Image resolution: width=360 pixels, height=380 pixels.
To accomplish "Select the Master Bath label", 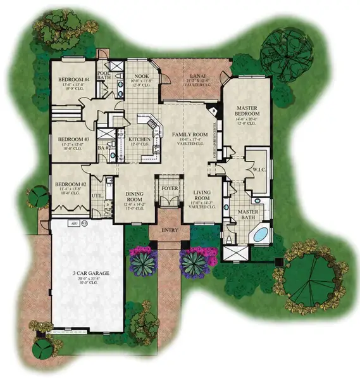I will pyautogui.click(x=245, y=215).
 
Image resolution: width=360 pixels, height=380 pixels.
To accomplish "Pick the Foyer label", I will pyautogui.click(x=169, y=187).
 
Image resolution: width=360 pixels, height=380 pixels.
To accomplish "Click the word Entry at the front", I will pyautogui.click(x=170, y=231).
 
